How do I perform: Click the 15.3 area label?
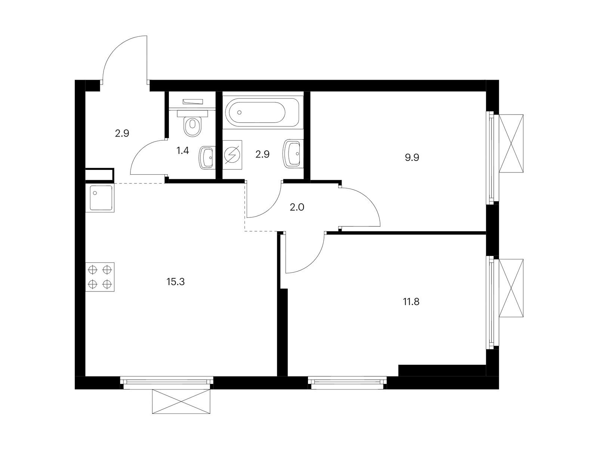tap(175, 282)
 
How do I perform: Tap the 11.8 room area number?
tap(411, 302)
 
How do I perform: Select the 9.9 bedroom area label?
tap(411, 158)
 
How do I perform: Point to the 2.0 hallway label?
tap(297, 207)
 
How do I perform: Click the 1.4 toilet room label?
tap(182, 150)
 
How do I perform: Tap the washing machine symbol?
tap(232, 155)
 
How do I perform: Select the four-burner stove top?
tap(100, 277)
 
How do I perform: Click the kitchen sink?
tap(100, 198)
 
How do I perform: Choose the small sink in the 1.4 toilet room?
tap(207, 158)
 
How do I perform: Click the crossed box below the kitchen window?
tap(181, 401)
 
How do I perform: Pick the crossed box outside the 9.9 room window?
tap(511, 143)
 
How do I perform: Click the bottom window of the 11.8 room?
tap(347, 383)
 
